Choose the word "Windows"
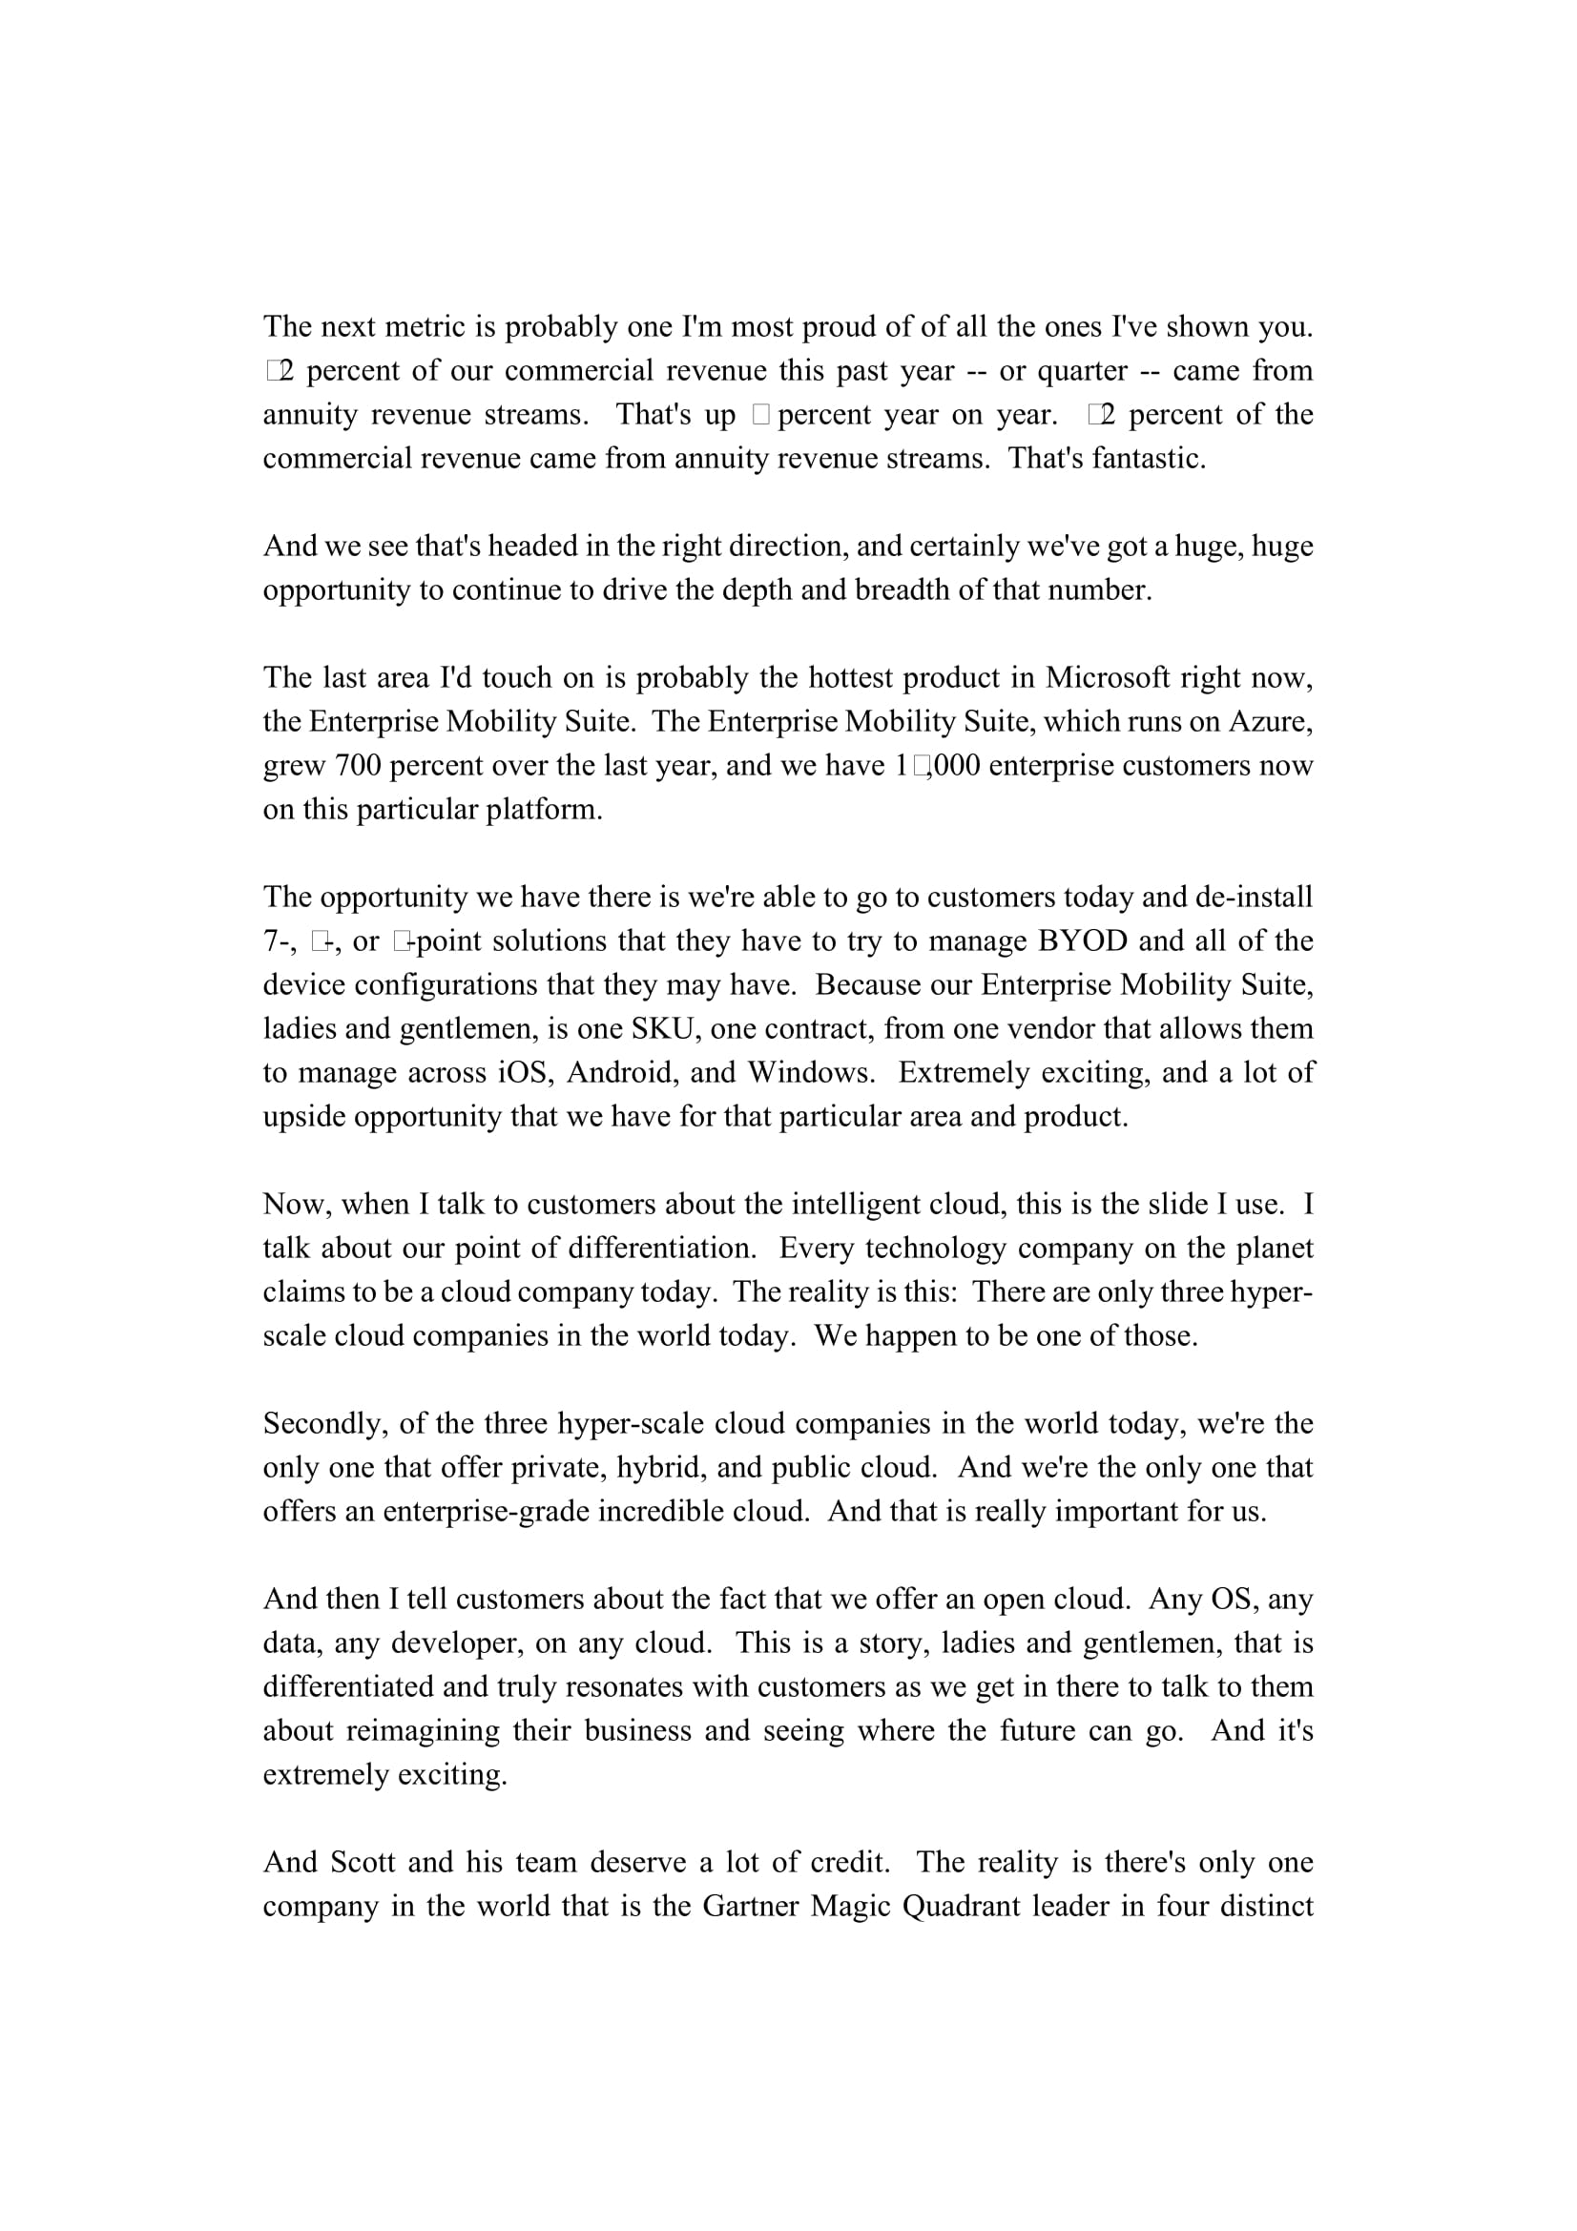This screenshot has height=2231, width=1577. [x=810, y=1072]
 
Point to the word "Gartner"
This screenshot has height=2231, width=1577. [x=749, y=1906]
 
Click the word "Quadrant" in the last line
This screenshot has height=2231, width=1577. [x=961, y=1906]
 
